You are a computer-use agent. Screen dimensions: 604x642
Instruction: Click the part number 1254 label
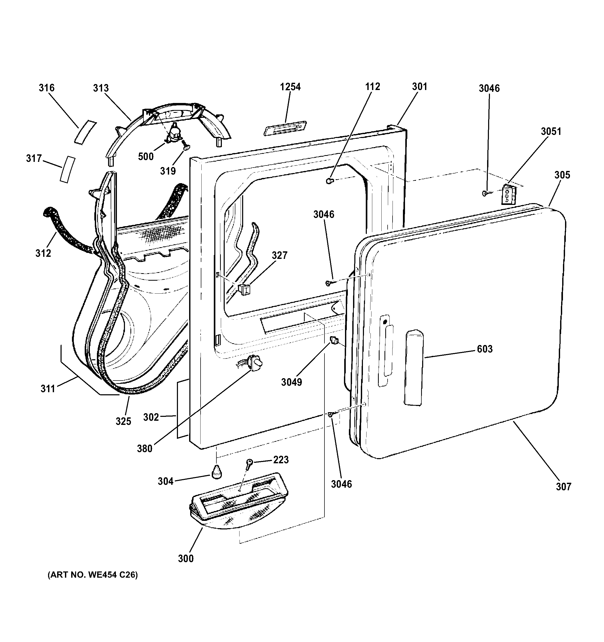[x=290, y=87]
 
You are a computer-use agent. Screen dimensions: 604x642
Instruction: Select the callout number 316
[x=47, y=88]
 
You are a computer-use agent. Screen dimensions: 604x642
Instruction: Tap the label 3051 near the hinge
[x=551, y=132]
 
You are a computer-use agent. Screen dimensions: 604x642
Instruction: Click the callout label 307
[x=563, y=495]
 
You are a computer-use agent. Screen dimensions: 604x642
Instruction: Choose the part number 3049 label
[x=291, y=382]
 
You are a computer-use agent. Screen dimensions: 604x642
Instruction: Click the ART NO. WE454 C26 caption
[x=93, y=575]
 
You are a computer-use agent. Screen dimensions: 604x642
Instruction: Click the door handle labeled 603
[x=414, y=368]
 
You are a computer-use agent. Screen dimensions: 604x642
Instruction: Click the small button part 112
[x=329, y=181]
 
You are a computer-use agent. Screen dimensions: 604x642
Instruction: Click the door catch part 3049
[x=334, y=340]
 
